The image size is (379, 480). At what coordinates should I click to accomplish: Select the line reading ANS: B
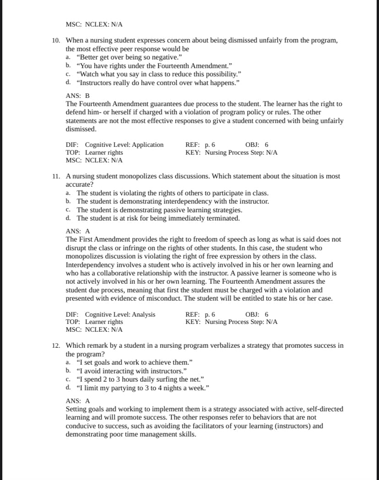[x=78, y=96]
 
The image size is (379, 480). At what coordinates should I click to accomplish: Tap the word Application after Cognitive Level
[x=147, y=145]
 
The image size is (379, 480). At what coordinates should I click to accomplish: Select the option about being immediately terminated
[x=158, y=218]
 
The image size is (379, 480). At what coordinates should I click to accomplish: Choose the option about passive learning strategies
[x=159, y=210]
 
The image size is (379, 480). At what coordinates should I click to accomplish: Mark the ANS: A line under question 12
[x=78, y=401]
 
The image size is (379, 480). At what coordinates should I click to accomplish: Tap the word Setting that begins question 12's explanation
[x=76, y=409]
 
